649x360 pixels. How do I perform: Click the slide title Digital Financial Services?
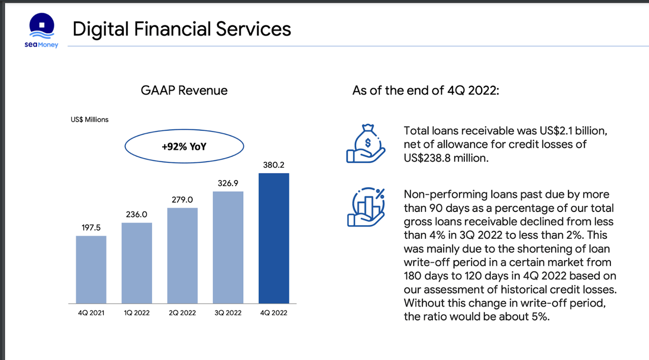[x=182, y=29]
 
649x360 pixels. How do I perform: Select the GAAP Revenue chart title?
[x=184, y=91]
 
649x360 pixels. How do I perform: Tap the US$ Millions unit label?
[x=90, y=120]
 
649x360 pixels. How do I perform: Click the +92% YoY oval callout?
[x=184, y=147]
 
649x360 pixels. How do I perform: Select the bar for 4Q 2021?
[x=91, y=269]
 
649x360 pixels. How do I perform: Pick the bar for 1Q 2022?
[x=137, y=263]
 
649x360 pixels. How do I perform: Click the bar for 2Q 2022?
[x=183, y=255]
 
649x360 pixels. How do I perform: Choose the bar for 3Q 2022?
[x=228, y=247]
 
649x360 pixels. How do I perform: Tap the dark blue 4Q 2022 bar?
[x=274, y=238]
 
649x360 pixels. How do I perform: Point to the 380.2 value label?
[x=274, y=165]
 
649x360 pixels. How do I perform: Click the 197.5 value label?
[x=91, y=228]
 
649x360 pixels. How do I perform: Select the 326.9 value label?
[x=228, y=183]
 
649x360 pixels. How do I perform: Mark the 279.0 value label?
[x=183, y=200]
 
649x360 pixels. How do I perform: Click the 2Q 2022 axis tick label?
[x=183, y=313]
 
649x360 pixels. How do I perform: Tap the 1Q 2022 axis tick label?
[x=137, y=313]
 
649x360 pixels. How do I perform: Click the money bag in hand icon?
[x=366, y=143]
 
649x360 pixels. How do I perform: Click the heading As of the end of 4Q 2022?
[x=426, y=91]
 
